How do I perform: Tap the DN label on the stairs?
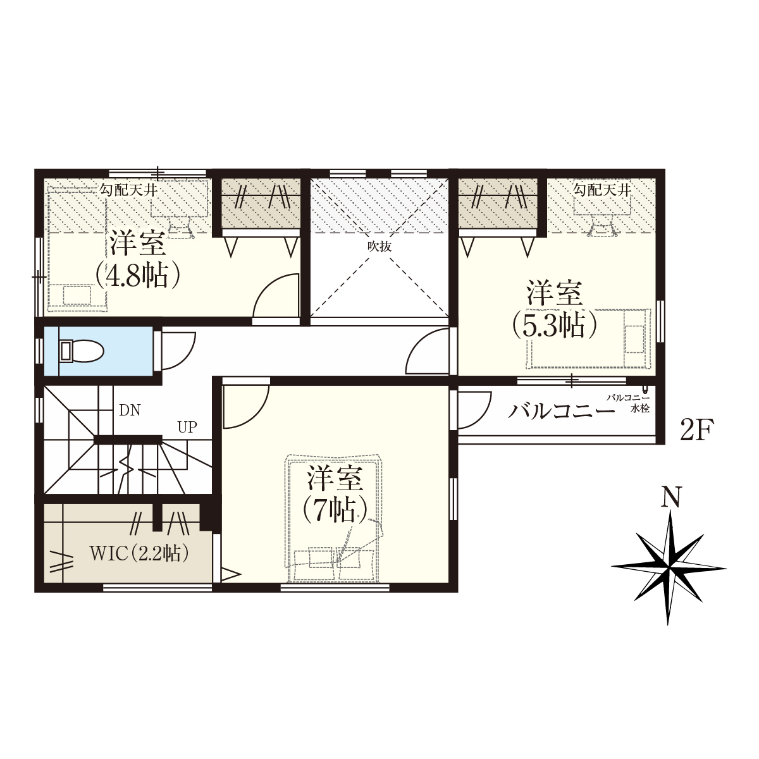point(130,410)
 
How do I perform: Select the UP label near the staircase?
point(187,427)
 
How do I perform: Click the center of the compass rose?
point(669,568)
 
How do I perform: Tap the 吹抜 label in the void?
point(379,247)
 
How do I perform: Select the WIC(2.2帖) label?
point(139,553)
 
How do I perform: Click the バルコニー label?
point(561,412)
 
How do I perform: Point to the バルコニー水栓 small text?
point(628,404)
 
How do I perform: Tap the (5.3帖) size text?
point(554,325)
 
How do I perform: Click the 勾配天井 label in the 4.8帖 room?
point(128,190)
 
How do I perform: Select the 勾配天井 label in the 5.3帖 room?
point(602,190)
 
